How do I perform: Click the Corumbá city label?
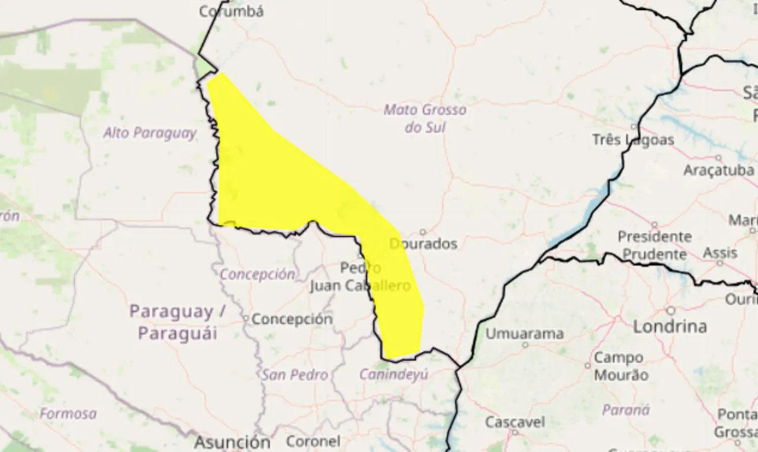click(x=231, y=11)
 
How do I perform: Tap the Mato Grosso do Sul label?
click(x=425, y=118)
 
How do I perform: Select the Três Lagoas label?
click(x=633, y=140)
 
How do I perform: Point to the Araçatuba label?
click(x=718, y=170)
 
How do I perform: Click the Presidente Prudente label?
click(x=654, y=245)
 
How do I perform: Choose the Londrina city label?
click(x=670, y=326)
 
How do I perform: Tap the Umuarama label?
click(x=524, y=334)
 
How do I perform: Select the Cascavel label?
click(x=515, y=422)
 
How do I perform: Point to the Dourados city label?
click(x=423, y=244)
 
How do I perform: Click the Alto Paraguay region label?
click(x=150, y=133)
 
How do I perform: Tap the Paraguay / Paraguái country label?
click(x=178, y=322)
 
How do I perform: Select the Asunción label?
click(x=232, y=442)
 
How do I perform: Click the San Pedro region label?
click(x=295, y=374)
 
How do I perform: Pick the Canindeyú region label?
click(x=394, y=374)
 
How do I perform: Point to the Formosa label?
click(x=68, y=414)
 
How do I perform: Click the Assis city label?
click(x=720, y=253)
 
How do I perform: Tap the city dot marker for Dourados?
click(x=423, y=232)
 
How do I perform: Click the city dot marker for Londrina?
click(x=670, y=311)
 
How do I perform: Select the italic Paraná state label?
click(x=625, y=410)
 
